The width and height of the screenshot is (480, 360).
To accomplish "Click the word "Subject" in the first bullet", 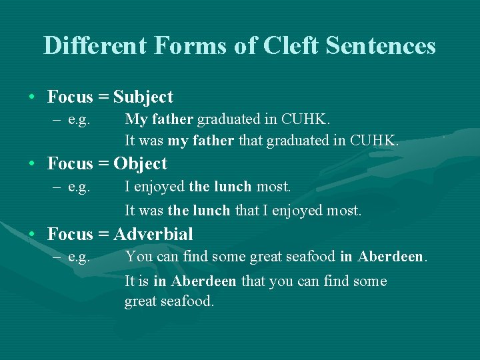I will tap(143, 97).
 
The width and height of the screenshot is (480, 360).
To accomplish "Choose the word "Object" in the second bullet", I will tap(141, 164).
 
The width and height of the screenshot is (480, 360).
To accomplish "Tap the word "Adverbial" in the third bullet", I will tap(153, 235).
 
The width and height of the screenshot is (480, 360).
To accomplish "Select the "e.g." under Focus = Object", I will tap(79, 187).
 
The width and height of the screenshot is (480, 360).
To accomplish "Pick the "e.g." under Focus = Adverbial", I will tap(79, 257).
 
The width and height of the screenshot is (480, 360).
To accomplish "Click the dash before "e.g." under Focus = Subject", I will tap(58, 120).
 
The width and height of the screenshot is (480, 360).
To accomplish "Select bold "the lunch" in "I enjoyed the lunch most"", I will tap(220, 187).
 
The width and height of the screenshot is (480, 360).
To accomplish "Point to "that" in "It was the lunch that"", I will tap(247, 211).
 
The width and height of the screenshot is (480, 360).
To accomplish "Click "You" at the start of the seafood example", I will tap(138, 257).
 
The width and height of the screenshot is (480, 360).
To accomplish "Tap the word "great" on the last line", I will tap(141, 302).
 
